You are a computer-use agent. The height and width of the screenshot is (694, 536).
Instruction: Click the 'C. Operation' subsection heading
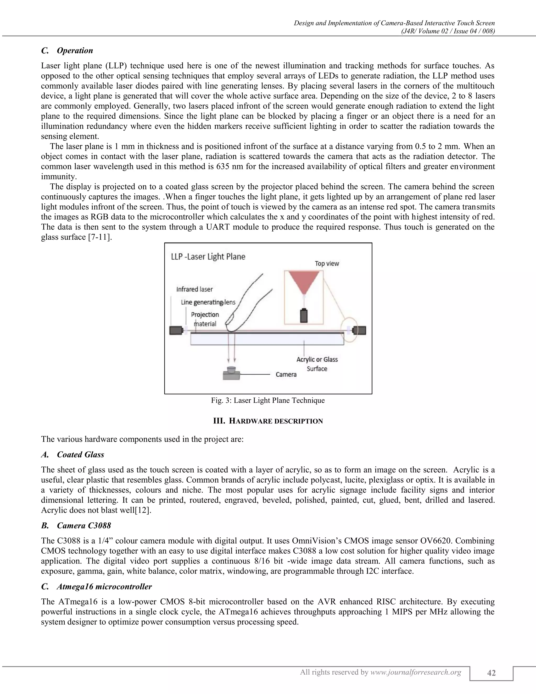[x=67, y=51]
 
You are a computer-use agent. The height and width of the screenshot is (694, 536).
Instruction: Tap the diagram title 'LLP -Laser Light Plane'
[x=208, y=257]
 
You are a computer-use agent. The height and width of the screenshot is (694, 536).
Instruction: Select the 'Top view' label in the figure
[x=327, y=263]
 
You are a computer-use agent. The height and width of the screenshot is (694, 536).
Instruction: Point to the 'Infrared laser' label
[x=194, y=289]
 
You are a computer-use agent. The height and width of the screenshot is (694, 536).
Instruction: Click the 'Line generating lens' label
[x=208, y=302]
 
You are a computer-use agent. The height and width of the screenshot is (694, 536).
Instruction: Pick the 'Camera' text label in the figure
[x=286, y=375]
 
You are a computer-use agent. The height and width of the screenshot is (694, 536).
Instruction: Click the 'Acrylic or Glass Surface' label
[x=317, y=364]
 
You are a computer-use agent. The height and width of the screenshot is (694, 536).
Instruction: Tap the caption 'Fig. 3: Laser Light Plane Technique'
[x=268, y=400]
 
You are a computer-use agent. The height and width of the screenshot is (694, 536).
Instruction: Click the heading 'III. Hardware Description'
[x=268, y=421]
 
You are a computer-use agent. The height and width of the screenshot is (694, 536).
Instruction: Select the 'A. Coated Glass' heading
[x=72, y=455]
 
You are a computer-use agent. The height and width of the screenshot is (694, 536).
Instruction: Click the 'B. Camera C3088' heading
[x=76, y=526]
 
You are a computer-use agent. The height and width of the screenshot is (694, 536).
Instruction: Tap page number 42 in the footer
[x=491, y=673]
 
